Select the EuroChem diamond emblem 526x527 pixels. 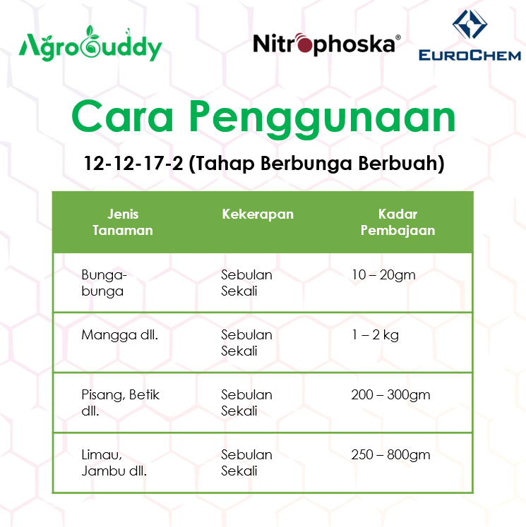click(470, 25)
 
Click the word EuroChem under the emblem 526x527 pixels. click(470, 55)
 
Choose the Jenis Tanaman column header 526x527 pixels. click(122, 222)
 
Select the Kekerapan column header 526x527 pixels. click(257, 214)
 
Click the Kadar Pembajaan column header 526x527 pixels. click(398, 222)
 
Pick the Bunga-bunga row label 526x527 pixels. click(102, 282)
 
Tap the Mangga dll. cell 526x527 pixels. click(119, 335)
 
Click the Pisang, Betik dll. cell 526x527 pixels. click(120, 403)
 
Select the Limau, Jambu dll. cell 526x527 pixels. click(114, 463)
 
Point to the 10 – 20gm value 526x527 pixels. click(383, 275)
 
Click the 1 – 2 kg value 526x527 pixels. click(375, 335)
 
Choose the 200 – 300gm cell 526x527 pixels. click(390, 395)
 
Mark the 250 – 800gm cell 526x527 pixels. click(390, 455)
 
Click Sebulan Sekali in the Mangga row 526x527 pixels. click(246, 343)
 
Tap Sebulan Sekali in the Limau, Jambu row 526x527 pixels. click(246, 463)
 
